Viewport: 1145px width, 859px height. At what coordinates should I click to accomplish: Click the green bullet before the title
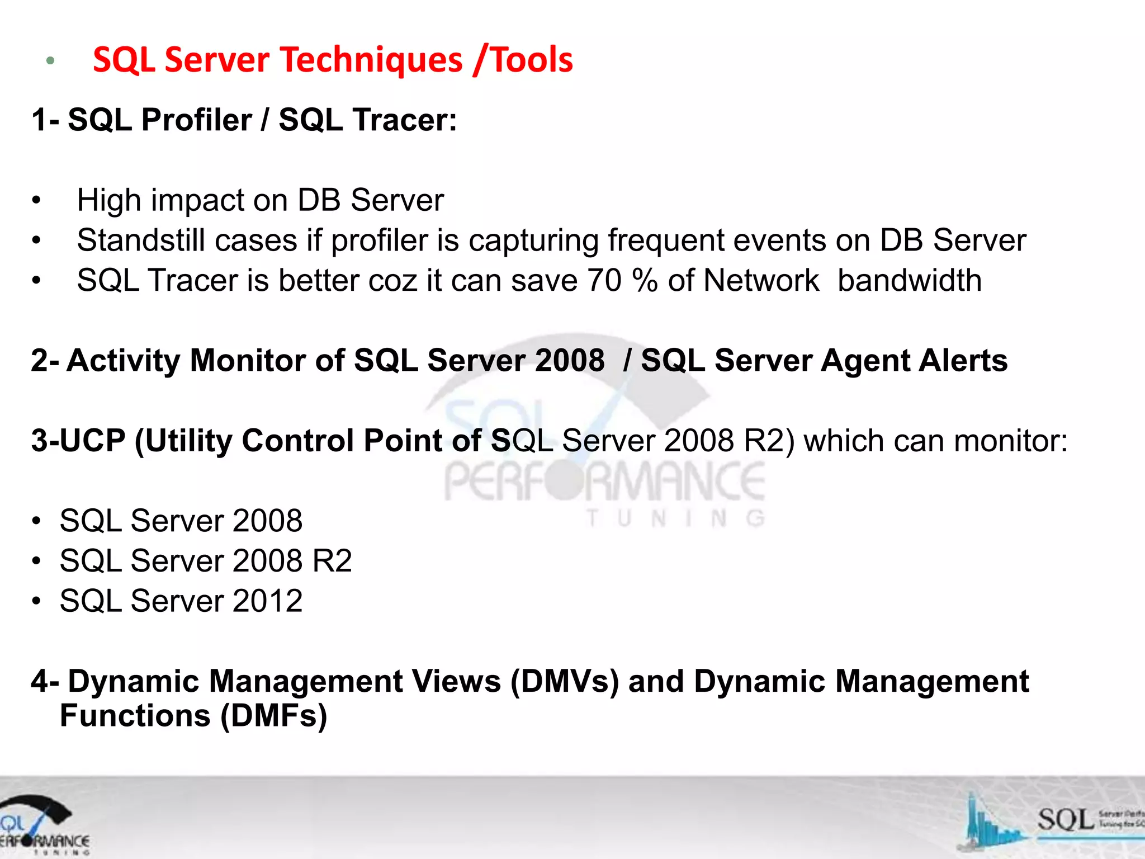tap(50, 61)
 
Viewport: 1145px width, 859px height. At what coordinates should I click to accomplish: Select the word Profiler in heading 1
tap(196, 120)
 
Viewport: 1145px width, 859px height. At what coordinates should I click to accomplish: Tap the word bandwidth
tap(909, 281)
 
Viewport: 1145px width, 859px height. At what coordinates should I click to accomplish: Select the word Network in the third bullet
tap(761, 281)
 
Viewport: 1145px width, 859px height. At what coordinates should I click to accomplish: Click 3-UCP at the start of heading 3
tap(78, 441)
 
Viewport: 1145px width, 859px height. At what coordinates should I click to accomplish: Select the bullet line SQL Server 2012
tap(181, 601)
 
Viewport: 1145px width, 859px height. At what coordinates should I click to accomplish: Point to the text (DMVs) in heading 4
tap(564, 682)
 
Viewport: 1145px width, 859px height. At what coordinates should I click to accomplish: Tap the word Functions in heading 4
tap(135, 716)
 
